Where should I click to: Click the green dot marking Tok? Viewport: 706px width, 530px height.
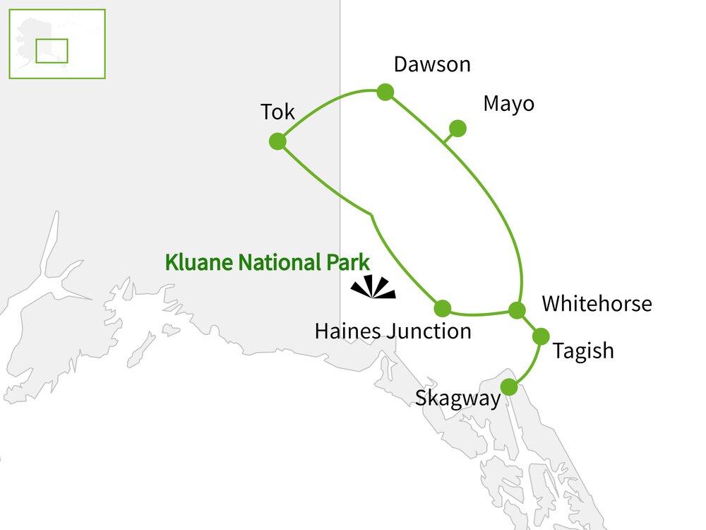click(277, 141)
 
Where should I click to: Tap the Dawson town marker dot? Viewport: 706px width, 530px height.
click(385, 92)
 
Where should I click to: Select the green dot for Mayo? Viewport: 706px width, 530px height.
click(457, 128)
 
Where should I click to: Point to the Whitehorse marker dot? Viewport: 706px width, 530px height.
click(517, 310)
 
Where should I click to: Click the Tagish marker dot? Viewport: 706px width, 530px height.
click(541, 336)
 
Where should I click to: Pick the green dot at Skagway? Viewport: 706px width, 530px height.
click(509, 387)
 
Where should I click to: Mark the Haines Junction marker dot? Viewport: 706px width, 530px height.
click(443, 308)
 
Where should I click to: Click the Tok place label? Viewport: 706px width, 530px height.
click(277, 112)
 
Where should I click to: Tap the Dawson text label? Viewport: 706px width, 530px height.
click(431, 65)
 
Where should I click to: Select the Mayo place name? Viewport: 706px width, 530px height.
click(508, 104)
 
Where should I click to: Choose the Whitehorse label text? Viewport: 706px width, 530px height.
click(597, 304)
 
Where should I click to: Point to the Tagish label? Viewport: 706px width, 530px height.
click(583, 351)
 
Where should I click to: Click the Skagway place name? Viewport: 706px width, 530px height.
click(457, 398)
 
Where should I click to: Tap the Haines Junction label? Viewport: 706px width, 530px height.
click(393, 331)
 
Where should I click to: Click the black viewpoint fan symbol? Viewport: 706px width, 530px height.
click(373, 287)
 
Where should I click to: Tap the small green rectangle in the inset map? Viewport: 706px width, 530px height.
click(52, 51)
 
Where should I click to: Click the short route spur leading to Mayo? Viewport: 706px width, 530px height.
click(449, 136)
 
